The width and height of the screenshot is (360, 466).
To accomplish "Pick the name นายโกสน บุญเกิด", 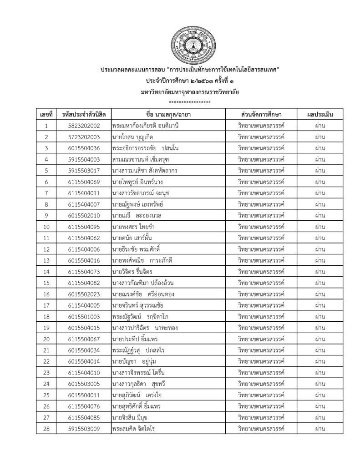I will pos(132,137).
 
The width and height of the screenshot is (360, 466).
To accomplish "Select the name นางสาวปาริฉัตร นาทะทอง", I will pos(142,328).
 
